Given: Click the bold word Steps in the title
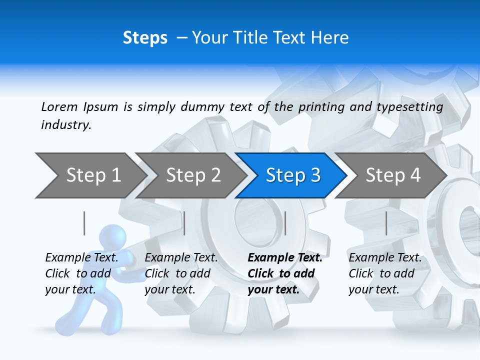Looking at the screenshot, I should (145, 38).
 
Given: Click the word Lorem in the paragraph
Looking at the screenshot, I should (59, 106).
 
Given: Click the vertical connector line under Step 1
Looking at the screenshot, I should (84, 223).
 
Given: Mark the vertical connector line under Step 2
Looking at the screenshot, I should (184, 223).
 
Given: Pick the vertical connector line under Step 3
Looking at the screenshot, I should (285, 223).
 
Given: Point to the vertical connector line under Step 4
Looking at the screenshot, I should (386, 223).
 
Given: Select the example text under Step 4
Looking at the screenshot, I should (384, 273).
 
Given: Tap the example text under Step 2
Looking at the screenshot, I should (180, 273).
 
